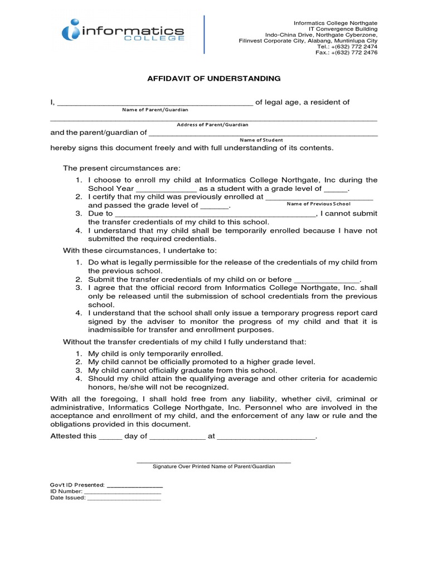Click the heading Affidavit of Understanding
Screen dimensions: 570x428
214,79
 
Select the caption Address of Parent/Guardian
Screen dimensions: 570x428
212,125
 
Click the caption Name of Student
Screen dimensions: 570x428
261,140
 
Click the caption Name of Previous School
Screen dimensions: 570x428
319,204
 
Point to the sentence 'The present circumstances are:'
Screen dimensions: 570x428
121,168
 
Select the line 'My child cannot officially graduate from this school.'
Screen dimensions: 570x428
182,370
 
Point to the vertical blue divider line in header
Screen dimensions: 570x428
204,35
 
